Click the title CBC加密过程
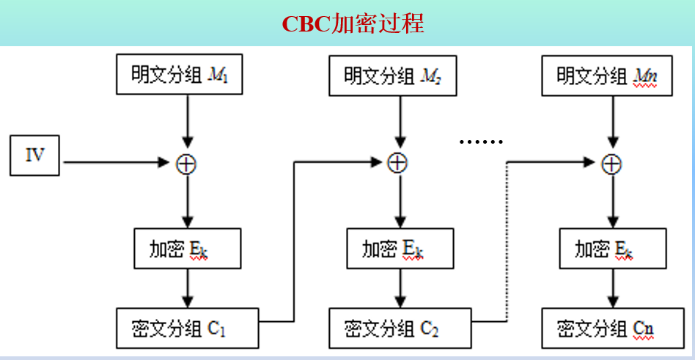353,23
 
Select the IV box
34,155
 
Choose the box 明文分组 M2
392,75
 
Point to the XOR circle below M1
187,164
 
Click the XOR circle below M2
397,164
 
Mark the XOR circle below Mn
611,164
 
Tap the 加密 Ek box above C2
397,249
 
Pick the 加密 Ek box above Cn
610,249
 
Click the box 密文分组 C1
187,328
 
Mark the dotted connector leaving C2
507,242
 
